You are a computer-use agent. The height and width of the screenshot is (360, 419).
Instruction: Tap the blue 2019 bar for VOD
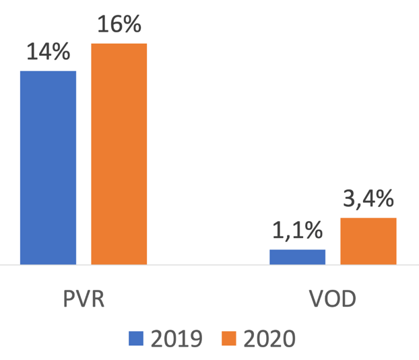[x=297, y=257]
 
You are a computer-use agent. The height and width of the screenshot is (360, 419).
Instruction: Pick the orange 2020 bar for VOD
[x=368, y=241]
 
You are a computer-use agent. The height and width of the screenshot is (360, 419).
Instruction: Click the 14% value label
[x=48, y=52]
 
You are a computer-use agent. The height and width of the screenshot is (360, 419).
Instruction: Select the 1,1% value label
[x=297, y=231]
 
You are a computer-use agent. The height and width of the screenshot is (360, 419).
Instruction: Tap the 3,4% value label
[x=368, y=200]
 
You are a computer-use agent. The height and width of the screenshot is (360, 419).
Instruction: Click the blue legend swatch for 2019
[x=137, y=338]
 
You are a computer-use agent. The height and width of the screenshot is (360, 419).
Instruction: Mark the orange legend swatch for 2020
[x=229, y=338]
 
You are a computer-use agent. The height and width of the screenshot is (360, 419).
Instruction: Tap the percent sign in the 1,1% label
[x=312, y=231]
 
